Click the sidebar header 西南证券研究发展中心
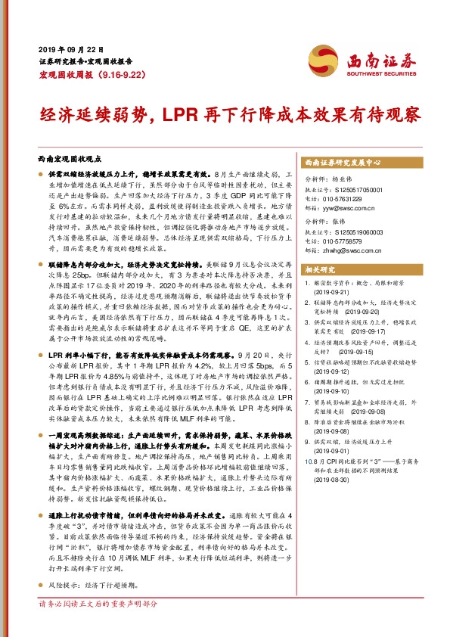pos(342,163)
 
